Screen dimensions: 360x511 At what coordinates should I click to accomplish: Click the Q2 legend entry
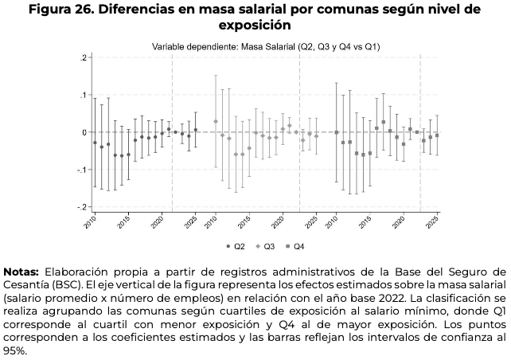(x=232, y=246)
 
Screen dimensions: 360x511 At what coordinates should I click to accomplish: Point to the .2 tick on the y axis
(x=82, y=58)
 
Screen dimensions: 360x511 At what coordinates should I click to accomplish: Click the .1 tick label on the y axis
(x=82, y=95)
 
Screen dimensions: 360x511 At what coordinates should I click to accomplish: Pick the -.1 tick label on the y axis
(x=80, y=170)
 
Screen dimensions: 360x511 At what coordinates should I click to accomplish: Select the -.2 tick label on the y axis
(x=80, y=206)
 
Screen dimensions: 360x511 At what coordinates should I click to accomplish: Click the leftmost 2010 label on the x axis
(x=92, y=222)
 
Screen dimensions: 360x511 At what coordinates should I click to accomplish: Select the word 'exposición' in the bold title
(x=255, y=25)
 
